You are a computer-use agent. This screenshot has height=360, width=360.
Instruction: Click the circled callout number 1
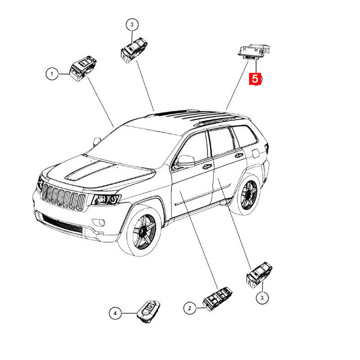point(52,74)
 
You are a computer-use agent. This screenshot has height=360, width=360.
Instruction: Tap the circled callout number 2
point(189,308)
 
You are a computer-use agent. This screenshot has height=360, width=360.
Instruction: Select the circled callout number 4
point(115,313)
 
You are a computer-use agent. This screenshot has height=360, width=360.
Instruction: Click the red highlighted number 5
point(255,79)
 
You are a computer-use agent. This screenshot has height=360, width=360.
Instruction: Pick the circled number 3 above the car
point(132,25)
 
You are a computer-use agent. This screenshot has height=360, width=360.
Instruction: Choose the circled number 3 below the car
point(262,298)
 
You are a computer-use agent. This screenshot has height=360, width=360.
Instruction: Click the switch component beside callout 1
point(83,68)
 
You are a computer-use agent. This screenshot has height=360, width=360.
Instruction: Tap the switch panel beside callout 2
point(217,298)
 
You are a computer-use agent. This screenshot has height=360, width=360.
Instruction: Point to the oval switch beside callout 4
point(148,311)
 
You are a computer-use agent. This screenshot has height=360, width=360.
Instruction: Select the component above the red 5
point(254,52)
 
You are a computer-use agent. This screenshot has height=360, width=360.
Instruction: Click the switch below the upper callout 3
point(134,50)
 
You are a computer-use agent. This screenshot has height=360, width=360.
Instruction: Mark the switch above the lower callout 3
point(259,274)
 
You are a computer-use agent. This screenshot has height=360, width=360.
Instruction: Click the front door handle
point(207,166)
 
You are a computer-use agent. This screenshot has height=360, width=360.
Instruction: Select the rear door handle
point(239,155)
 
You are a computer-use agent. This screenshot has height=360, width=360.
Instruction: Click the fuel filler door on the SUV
point(256,153)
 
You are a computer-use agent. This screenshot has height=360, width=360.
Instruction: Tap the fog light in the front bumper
point(99,222)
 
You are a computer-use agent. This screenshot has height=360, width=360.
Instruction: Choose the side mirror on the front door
point(185,161)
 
